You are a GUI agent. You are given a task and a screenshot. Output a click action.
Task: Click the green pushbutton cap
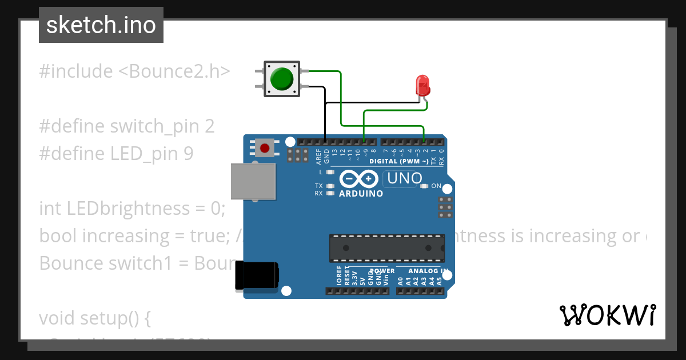pyautogui.click(x=282, y=79)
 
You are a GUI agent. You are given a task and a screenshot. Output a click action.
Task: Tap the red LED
pyautogui.click(x=422, y=86)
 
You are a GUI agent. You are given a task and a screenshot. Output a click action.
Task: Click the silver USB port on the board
pyautogui.click(x=253, y=182)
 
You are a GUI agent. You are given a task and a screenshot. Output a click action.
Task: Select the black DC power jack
pyautogui.click(x=257, y=275)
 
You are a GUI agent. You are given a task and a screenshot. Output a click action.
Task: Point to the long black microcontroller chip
pyautogui.click(x=386, y=248)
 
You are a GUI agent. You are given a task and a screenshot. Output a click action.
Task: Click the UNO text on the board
pyautogui.click(x=405, y=179)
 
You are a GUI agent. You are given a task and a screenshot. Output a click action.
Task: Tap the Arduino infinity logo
pyautogui.click(x=358, y=179)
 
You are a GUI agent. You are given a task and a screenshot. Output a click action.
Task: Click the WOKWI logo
pyautogui.click(x=607, y=315)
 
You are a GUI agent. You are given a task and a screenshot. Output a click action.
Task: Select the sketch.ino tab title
pyautogui.click(x=101, y=25)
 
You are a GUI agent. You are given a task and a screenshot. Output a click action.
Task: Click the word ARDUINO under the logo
pyautogui.click(x=361, y=194)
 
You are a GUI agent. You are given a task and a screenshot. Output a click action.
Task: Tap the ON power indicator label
pyautogui.click(x=436, y=186)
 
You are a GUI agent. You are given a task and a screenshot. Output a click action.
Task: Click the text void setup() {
pyautogui.click(x=95, y=318)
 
